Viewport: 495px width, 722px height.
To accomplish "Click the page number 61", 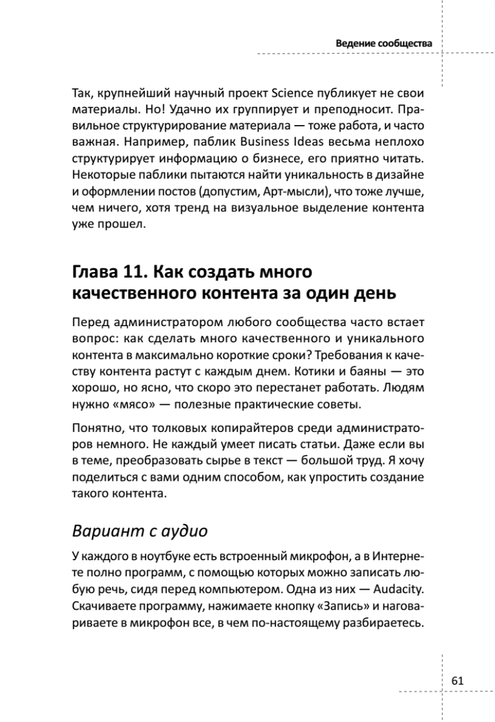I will [x=457, y=680].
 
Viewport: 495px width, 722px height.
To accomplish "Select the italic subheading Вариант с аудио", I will [x=140, y=531].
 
